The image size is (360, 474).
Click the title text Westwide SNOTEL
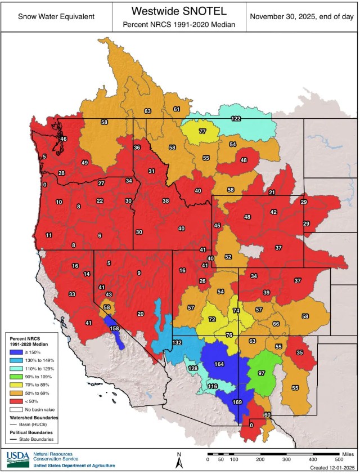point(179,11)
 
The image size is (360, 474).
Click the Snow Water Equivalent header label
point(56,16)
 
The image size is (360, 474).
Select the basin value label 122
point(236,118)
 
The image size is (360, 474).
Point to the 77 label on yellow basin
point(202,131)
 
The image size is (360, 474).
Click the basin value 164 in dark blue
point(219,364)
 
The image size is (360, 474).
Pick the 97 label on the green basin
point(262,373)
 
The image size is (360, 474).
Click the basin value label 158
point(115,328)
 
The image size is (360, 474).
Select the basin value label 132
point(177,342)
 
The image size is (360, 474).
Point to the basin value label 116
point(212,386)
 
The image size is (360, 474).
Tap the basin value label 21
point(272,193)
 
